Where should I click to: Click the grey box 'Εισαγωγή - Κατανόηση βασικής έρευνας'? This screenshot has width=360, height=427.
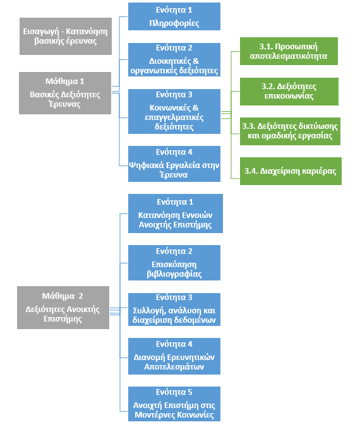tap(66, 36)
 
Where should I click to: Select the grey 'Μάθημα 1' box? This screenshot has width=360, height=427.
tap(65, 93)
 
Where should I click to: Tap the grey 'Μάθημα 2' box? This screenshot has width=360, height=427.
tap(63, 308)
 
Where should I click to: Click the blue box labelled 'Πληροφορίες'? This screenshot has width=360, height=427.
tap(174, 16)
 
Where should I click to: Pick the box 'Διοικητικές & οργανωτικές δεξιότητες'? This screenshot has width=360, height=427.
tap(174, 59)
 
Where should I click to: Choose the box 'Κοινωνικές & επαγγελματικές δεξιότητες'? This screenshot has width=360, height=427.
tap(174, 111)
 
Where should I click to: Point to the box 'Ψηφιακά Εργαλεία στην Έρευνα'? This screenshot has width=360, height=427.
tap(174, 164)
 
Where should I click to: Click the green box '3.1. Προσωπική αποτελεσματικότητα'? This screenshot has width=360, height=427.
tap(289, 51)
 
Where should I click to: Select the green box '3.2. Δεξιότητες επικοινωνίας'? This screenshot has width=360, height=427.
tap(289, 92)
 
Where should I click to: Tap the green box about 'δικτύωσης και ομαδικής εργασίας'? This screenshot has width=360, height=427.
tap(290, 131)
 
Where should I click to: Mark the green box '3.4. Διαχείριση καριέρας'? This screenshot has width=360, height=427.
tap(291, 171)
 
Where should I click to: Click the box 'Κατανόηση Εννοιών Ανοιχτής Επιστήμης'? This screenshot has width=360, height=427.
tap(176, 213)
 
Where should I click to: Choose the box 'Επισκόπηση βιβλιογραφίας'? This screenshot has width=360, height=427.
tap(174, 263)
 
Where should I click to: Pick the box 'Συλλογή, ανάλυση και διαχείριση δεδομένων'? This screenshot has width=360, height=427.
tap(174, 310)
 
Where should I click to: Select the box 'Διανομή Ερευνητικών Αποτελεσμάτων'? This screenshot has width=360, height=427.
tap(174, 356)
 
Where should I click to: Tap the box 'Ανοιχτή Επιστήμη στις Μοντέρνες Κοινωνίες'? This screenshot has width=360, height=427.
tap(174, 404)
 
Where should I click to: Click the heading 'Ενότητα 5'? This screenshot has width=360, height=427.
tap(174, 392)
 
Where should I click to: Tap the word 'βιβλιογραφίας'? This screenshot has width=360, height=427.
tap(174, 274)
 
